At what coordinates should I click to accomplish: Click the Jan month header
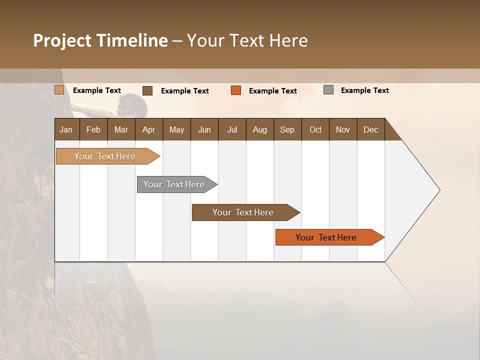click(x=66, y=129)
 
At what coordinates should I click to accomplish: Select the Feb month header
click(x=93, y=129)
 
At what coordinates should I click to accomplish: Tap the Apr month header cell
click(x=149, y=129)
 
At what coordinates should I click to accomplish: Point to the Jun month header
click(x=204, y=129)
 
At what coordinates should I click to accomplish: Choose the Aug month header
click(x=260, y=129)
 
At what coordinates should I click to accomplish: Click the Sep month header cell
click(x=287, y=129)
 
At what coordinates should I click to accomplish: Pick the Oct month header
click(x=315, y=129)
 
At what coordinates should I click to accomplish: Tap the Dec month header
click(x=371, y=129)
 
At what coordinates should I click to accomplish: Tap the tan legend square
click(x=59, y=90)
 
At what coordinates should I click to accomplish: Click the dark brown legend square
click(x=147, y=90)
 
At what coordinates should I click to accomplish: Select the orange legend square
click(x=236, y=90)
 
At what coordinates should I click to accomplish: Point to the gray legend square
click(x=328, y=90)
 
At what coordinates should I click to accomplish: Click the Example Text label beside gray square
click(x=364, y=90)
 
